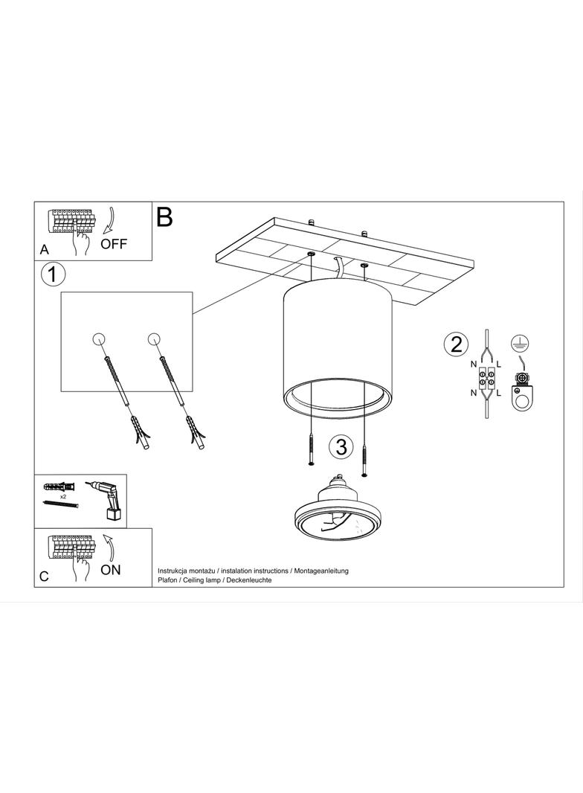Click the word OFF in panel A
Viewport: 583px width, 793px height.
pos(114,244)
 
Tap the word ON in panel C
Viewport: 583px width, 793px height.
pos(111,570)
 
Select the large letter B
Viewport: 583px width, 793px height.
pos(165,216)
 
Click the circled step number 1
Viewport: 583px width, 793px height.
pos(53,275)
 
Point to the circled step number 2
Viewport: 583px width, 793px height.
pos(456,345)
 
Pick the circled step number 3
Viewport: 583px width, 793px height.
pos(341,447)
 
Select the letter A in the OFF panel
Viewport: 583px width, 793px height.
pos(45,250)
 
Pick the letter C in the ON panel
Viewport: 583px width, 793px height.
pos(45,577)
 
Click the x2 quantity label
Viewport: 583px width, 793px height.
pos(64,497)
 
